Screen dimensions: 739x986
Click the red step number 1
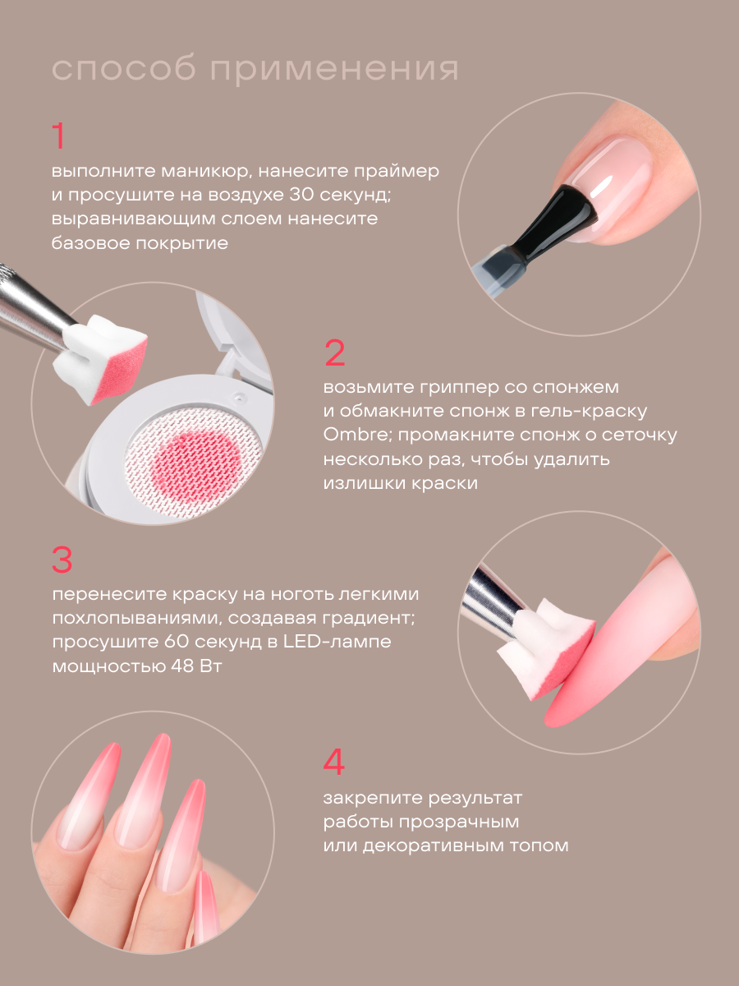58,136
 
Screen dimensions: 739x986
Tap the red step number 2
335,352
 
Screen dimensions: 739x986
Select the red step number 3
62,560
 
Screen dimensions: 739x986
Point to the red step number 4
334,762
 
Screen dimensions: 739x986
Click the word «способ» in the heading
124,69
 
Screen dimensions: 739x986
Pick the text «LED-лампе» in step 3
337,641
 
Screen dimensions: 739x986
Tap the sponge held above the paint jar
100,358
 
